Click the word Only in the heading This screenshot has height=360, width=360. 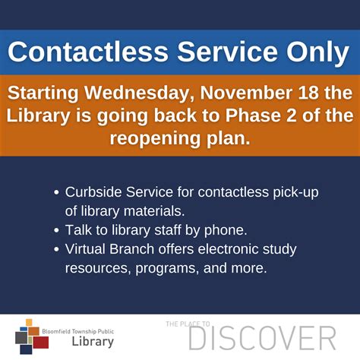tap(317, 52)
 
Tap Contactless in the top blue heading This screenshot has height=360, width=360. tap(88, 52)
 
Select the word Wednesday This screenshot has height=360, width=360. tap(139, 93)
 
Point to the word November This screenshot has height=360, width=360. tap(246, 93)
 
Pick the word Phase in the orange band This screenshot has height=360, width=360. tap(253, 115)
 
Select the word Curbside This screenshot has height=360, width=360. tap(93, 192)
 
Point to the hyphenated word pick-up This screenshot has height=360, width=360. tap(295, 193)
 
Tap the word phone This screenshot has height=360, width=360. tap(226, 230)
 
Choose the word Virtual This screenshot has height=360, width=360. tap(85, 249)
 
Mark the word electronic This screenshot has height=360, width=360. tap(228, 249)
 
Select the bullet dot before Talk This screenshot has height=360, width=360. tap(56, 231)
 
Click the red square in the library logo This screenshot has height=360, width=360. tap(41, 343)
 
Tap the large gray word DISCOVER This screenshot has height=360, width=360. tap(263, 339)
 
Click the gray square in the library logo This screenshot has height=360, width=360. tap(21, 338)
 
